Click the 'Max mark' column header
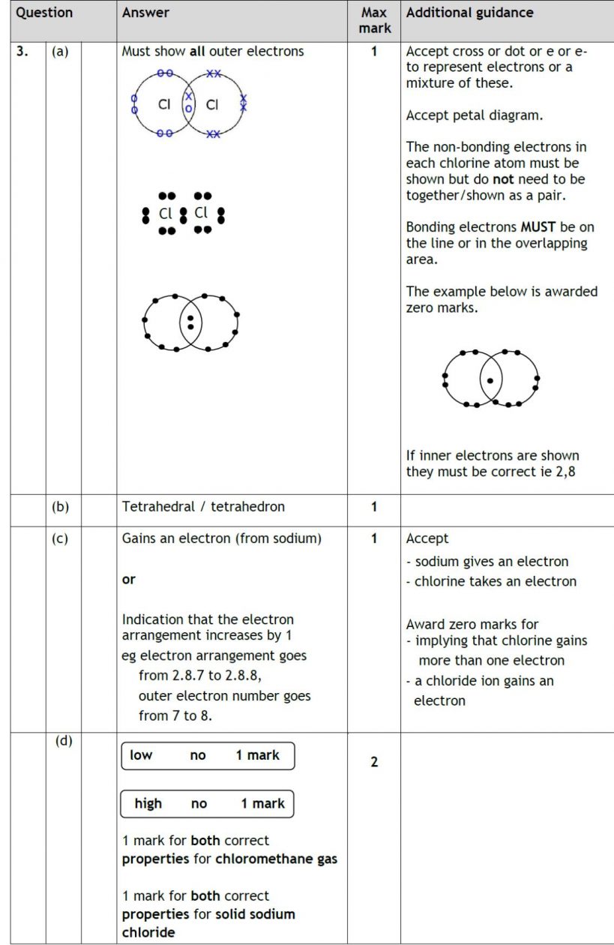tap(373, 20)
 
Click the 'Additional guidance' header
tap(469, 13)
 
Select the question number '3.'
tap(23, 52)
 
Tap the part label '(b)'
tap(60, 506)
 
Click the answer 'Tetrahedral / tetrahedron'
tap(203, 506)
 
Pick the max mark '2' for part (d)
tap(374, 762)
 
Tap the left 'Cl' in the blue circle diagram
tap(164, 105)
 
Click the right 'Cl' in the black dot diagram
tap(201, 213)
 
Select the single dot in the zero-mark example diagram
tap(490, 380)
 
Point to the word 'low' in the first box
tap(141, 755)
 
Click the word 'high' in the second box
tap(148, 803)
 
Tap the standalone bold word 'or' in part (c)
tap(128, 580)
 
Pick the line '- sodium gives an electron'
tap(487, 561)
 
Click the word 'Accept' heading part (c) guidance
tap(427, 538)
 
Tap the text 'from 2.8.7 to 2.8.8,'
tap(199, 675)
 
